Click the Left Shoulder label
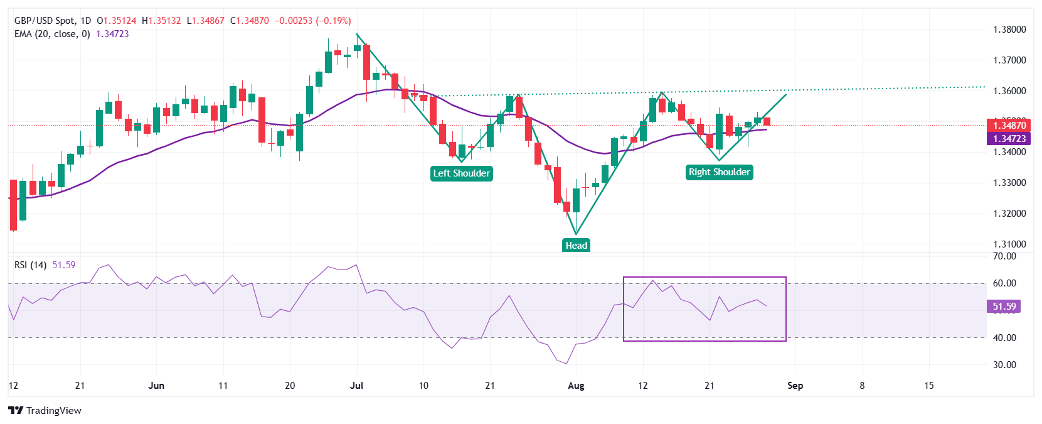(x=461, y=173)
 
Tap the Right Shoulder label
(x=719, y=172)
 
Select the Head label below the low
(x=576, y=246)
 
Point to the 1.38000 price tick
(x=1009, y=30)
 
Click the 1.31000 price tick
(x=1009, y=244)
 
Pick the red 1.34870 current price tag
(x=1009, y=126)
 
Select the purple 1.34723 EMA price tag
(x=1009, y=139)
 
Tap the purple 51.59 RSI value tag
(x=1004, y=307)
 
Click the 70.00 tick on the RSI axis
(x=1004, y=256)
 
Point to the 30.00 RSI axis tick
(x=1004, y=365)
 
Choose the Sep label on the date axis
(x=795, y=386)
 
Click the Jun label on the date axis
(x=156, y=386)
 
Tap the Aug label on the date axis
(x=576, y=386)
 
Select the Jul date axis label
(x=356, y=386)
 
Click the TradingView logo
(x=45, y=411)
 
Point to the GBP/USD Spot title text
(x=44, y=21)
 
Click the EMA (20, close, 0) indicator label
(x=52, y=34)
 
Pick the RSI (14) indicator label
(x=30, y=265)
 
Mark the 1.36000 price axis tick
(x=1009, y=91)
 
